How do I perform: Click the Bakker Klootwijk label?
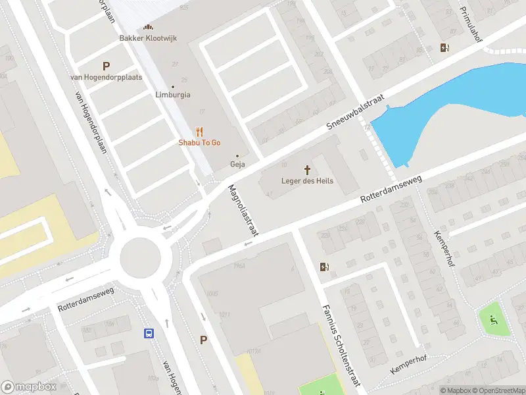coord(147,38)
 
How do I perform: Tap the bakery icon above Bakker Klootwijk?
coord(148,27)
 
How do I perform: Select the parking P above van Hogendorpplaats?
coord(106,66)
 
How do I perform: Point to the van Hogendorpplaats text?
coord(106,78)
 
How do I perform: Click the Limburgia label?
coord(173,95)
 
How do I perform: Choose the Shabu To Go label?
coord(200,143)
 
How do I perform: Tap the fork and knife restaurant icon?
coord(200,132)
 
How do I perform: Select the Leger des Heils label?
coord(307,181)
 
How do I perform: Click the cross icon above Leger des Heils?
coord(307,170)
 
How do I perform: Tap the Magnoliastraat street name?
coord(244,209)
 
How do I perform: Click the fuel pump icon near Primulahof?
coord(445,47)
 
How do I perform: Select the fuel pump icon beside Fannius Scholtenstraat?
coord(323,267)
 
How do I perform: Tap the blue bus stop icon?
coord(149,333)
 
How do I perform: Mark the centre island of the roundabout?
coord(140,256)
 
